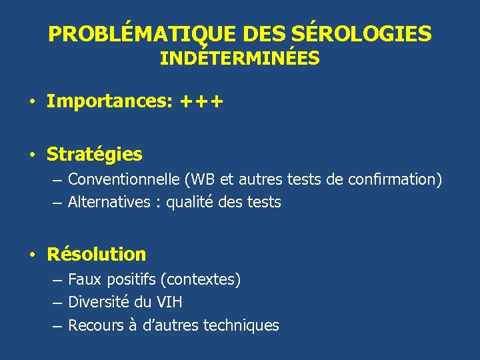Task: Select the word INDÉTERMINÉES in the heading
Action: click(240, 59)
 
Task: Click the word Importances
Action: click(106, 102)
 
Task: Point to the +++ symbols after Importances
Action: click(201, 102)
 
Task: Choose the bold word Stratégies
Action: click(94, 155)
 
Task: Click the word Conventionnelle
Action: click(125, 179)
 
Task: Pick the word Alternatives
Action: click(109, 202)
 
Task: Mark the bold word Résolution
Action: click(96, 254)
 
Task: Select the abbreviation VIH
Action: click(169, 303)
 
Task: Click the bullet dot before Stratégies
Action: click(32, 155)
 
